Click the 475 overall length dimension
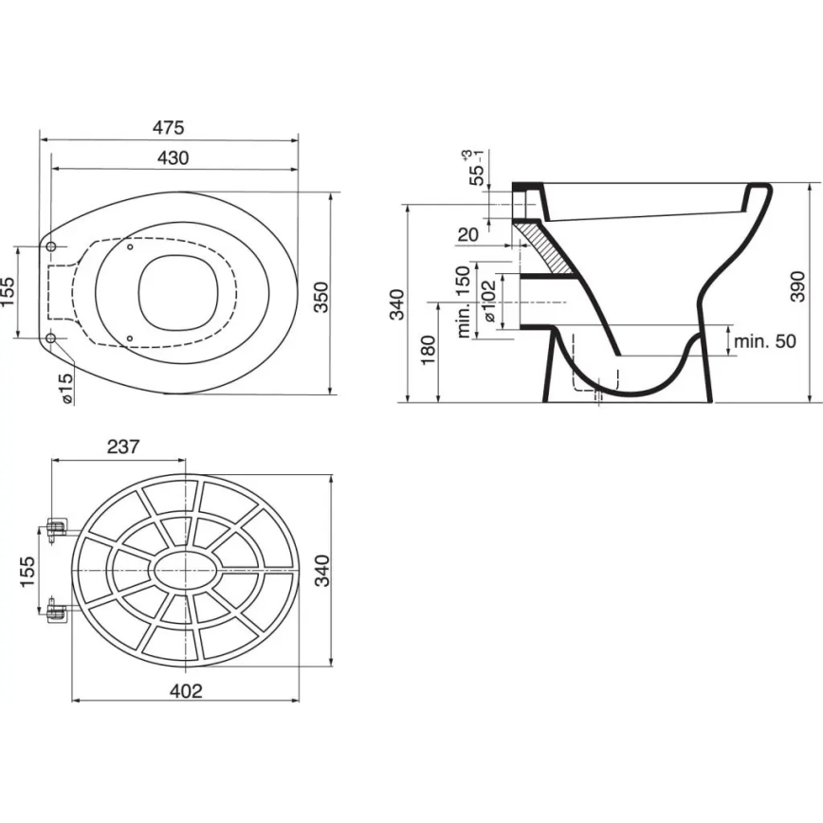point(168,127)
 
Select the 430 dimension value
point(172,157)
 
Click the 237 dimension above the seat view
point(124,446)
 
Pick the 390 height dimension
point(798,285)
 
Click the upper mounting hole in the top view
point(51,247)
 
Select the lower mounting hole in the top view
point(51,338)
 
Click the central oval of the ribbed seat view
point(186,572)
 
